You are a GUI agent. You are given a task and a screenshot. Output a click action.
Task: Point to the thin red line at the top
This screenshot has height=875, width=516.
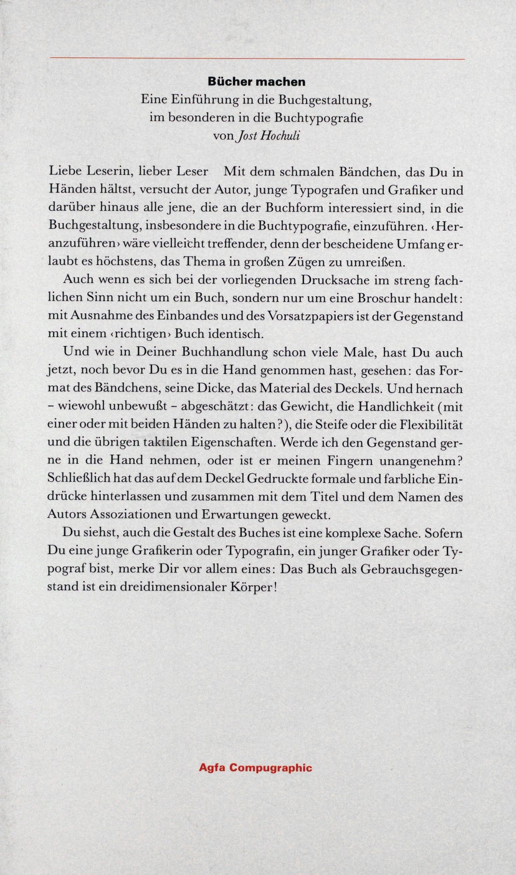257,58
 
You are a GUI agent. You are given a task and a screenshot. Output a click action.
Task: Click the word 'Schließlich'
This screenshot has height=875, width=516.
79,479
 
